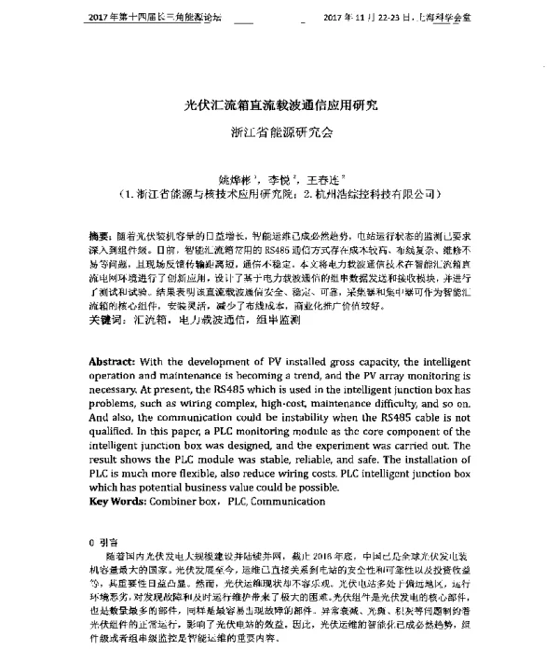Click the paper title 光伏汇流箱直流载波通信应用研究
pyautogui.click(x=279, y=104)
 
